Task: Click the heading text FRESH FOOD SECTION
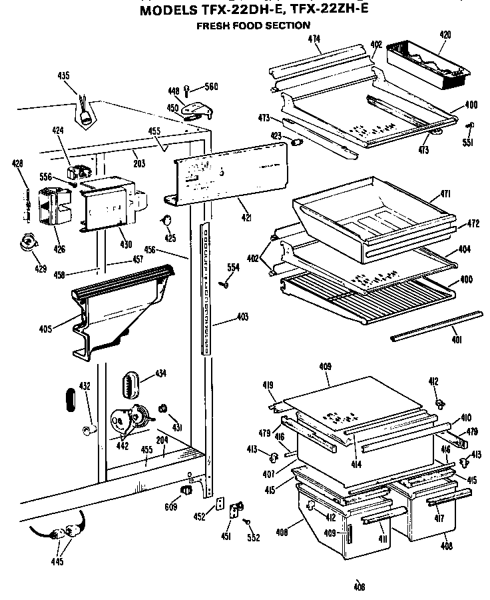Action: (252, 26)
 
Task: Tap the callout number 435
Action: (63, 76)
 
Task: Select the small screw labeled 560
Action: (188, 87)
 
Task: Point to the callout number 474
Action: (315, 39)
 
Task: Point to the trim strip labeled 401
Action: (436, 325)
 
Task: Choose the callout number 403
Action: (242, 317)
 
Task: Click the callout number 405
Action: (64, 327)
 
